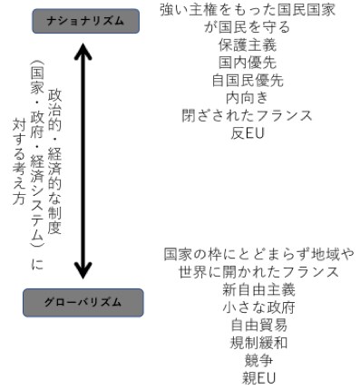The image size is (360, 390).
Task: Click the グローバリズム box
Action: pyautogui.click(x=83, y=301)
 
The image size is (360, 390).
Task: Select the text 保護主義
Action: pyautogui.click(x=248, y=46)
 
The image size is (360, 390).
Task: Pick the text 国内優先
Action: pyautogui.click(x=248, y=63)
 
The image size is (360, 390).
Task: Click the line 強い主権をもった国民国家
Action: pyautogui.click(x=248, y=12)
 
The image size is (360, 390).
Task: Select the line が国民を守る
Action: pyautogui.click(x=248, y=29)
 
